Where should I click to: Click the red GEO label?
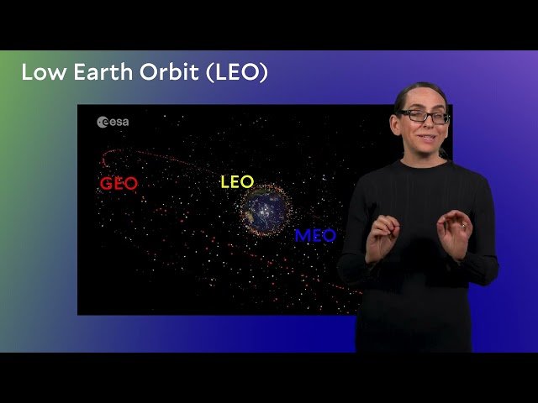(119, 184)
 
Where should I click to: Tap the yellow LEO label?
(236, 182)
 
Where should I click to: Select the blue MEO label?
(314, 236)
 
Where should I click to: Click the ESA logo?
(113, 123)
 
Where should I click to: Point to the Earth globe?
(264, 209)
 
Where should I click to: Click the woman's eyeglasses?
(424, 116)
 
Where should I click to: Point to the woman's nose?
(426, 125)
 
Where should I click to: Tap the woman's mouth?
(427, 138)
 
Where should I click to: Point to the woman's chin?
(428, 149)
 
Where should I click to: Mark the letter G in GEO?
(106, 184)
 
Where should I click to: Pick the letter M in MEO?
(302, 236)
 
